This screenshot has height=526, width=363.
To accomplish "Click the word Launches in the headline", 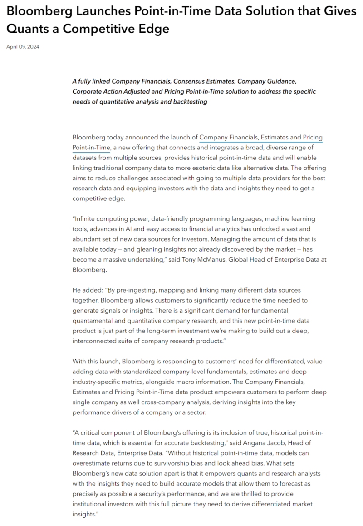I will click(89, 11).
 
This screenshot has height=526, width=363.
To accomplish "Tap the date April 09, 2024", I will click(23, 46).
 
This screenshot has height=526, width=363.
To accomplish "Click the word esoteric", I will click(212, 168).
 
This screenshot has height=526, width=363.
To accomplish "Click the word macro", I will click(202, 382).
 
